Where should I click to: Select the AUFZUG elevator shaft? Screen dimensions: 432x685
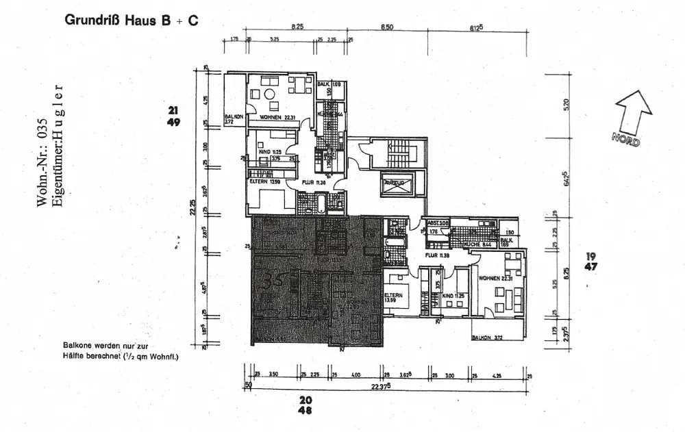click(x=397, y=184)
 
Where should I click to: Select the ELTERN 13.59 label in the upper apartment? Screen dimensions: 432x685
click(x=265, y=182)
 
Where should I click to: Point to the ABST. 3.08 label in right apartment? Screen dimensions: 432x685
click(x=438, y=224)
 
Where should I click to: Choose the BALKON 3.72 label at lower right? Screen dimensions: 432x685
click(x=487, y=338)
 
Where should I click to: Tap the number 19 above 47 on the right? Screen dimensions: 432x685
click(x=589, y=256)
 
